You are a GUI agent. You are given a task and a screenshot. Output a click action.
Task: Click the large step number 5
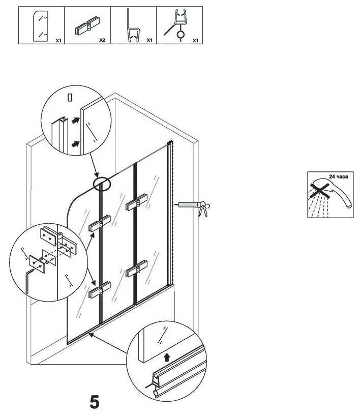(x=95, y=402)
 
